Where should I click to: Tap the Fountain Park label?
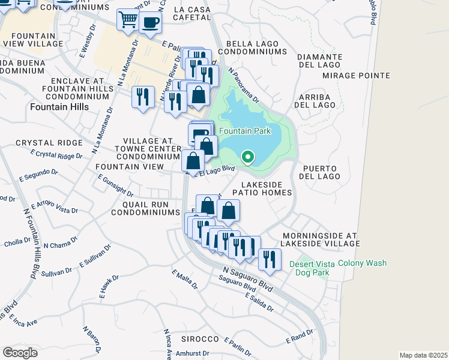pos(245,131)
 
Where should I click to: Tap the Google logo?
pos(20,352)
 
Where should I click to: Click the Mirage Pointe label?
pos(356,76)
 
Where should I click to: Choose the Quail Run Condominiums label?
pos(146,208)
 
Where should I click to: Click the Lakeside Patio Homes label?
pos(267,188)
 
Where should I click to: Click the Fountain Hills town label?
pos(59,107)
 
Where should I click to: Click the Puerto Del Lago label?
pos(322,172)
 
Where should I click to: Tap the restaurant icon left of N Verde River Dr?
pos(142,97)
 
